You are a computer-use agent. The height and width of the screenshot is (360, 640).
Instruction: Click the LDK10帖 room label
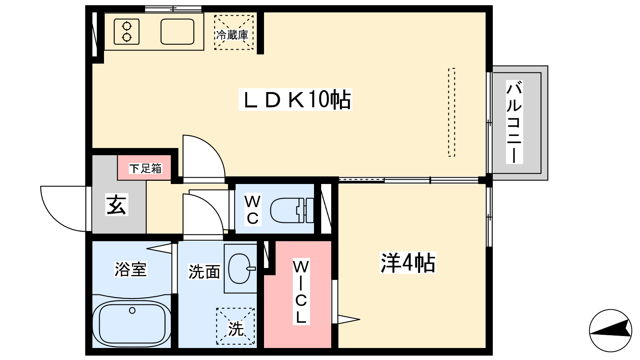296,100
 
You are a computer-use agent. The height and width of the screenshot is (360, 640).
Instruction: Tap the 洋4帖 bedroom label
408,263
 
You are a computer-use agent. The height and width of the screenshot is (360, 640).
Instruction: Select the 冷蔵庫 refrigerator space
234,32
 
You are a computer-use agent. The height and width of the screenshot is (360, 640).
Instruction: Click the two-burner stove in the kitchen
126,32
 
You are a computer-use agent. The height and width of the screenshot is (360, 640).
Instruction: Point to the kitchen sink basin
178,32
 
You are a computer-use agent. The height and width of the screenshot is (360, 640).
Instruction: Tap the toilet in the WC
292,210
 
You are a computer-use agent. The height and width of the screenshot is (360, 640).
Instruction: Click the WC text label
252,210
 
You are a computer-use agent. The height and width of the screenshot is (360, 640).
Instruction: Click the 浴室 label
130,269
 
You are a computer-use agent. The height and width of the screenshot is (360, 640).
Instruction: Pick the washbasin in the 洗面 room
240,268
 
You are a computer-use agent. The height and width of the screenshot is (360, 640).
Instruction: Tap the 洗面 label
204,272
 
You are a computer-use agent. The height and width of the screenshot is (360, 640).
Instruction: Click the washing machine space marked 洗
236,326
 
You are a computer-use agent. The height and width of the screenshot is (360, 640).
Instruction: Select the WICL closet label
301,292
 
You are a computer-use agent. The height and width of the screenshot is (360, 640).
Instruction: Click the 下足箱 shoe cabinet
144,168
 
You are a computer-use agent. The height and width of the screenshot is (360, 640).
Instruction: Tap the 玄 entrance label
116,204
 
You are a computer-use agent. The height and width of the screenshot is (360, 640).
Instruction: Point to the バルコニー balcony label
514,122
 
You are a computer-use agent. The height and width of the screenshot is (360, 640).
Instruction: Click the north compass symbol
610,330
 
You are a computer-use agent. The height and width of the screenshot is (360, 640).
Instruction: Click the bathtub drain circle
132,310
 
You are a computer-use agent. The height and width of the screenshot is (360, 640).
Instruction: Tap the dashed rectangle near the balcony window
452,112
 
